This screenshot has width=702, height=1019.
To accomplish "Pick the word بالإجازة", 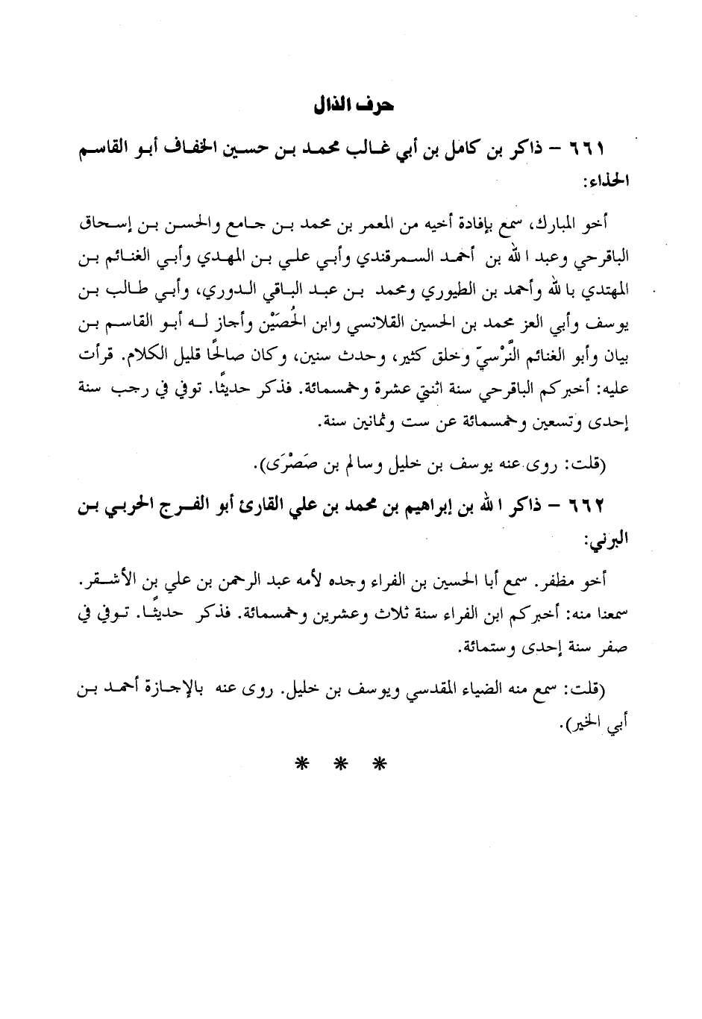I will point(204,692).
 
